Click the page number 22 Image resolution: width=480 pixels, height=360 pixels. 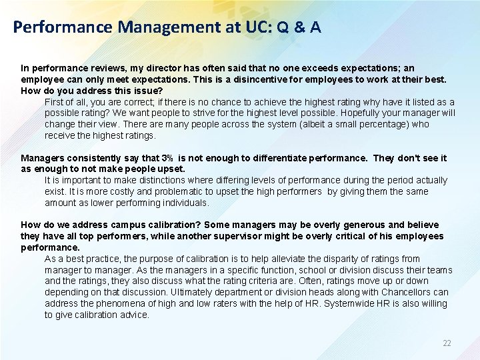pos(447,343)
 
